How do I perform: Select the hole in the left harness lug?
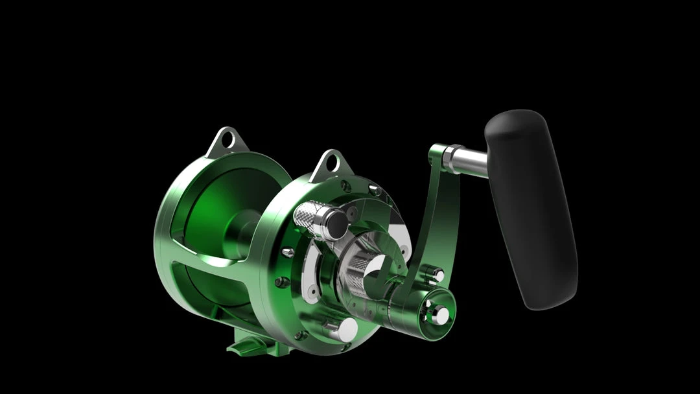tap(226, 139)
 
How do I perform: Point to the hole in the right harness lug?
tap(331, 162)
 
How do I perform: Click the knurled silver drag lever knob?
tap(310, 220)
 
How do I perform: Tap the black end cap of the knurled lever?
tap(335, 224)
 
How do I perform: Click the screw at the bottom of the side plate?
tap(300, 335)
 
